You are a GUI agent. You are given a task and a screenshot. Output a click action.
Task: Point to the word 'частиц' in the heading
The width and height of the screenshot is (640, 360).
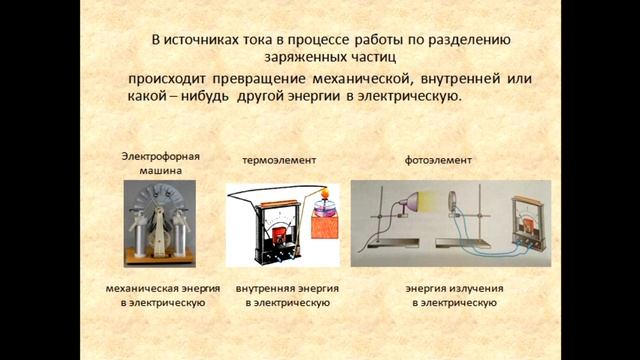coord(375,57)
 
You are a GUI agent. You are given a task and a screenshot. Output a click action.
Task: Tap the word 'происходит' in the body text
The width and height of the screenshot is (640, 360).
coord(173,78)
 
